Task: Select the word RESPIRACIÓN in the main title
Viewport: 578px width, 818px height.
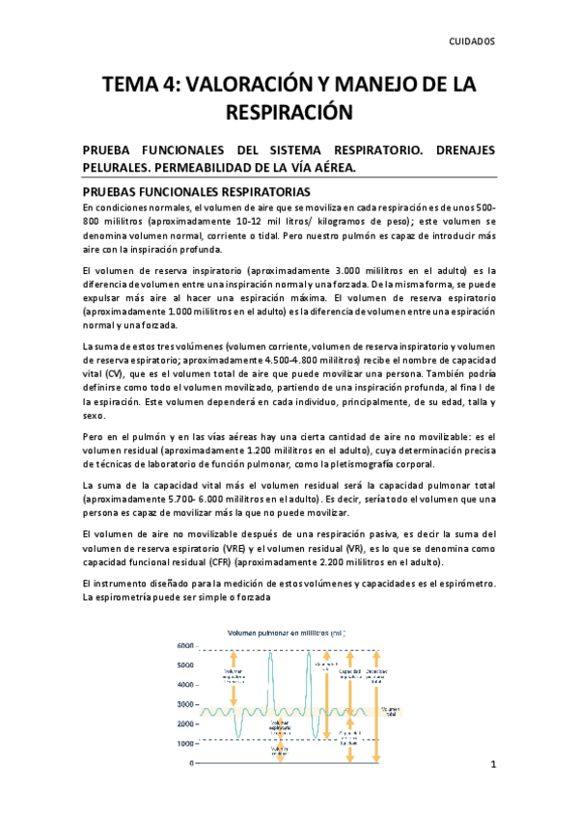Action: click(x=289, y=114)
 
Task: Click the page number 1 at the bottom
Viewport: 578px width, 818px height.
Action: click(x=492, y=767)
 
